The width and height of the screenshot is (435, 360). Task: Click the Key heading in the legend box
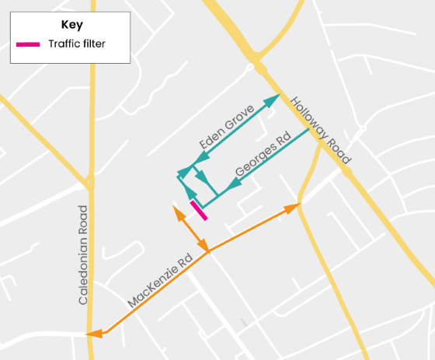[x=71, y=24]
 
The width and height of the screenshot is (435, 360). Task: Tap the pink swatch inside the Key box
[x=28, y=44]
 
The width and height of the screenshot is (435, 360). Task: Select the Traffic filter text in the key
[x=76, y=44]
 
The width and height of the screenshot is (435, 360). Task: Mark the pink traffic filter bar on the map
[x=198, y=211]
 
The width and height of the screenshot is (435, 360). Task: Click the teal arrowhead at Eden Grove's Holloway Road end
[x=273, y=99]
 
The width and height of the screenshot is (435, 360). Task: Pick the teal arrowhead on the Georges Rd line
[x=232, y=186]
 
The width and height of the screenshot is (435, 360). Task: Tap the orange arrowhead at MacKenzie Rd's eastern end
[x=293, y=208]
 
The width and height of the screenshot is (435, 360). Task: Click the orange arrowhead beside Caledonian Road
[x=95, y=334]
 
